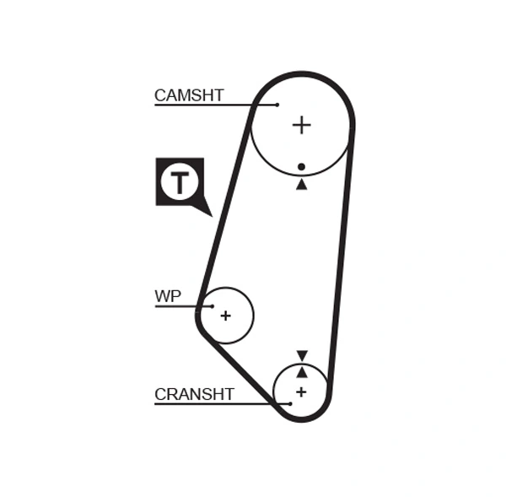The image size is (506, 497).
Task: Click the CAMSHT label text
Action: point(189,95)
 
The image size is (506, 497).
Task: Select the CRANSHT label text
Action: point(194,394)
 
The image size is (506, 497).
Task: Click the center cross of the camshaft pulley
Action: point(301,125)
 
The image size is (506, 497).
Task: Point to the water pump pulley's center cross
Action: point(225,316)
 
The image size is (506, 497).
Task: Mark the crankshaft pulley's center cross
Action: point(301,392)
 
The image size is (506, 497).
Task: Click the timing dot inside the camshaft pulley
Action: point(301,167)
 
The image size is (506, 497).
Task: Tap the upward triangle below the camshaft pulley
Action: point(301,183)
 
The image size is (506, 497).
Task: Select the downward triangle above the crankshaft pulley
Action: point(302,356)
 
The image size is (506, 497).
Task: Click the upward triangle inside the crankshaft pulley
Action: point(302,371)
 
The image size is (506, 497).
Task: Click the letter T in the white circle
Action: point(179,181)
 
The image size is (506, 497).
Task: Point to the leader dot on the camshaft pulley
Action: point(277,105)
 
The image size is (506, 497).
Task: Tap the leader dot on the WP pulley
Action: point(213,305)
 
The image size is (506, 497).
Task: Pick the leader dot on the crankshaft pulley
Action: point(290,403)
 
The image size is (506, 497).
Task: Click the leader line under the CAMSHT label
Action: point(202,105)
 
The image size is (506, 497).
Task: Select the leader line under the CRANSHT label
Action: point(219,403)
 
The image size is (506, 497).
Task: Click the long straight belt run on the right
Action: point(340,262)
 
